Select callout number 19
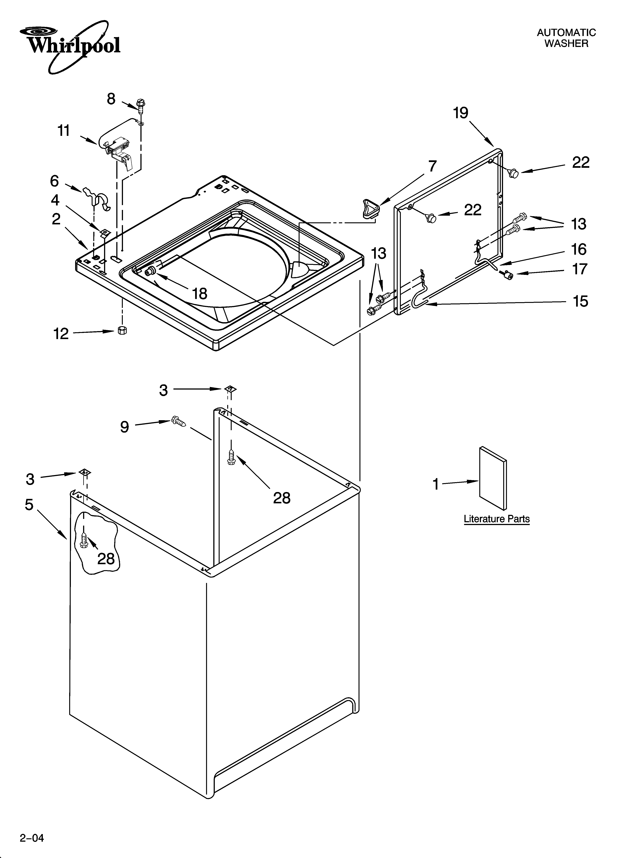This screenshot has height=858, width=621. (x=461, y=113)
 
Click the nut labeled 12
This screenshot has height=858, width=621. (x=122, y=330)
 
